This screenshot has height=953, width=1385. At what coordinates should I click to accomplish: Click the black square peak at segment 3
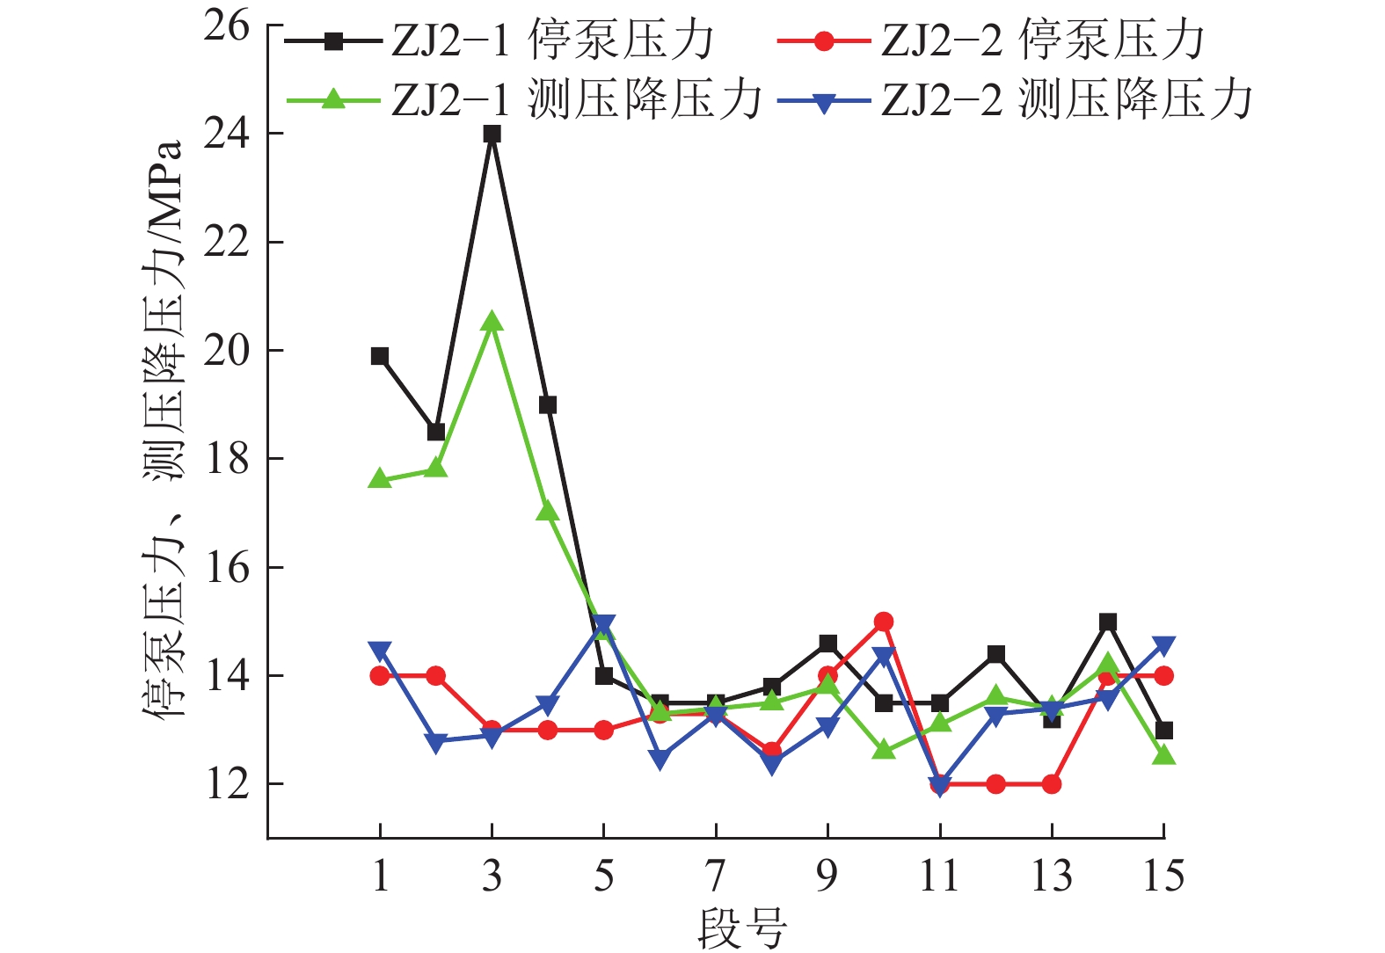pos(492,135)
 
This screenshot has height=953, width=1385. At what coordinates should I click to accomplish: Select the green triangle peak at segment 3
pos(492,323)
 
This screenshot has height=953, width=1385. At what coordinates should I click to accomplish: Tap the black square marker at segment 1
pos(380,356)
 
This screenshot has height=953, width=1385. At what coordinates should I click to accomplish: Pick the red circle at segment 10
pos(884,622)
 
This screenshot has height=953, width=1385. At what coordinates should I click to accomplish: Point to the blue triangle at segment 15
pos(1163,646)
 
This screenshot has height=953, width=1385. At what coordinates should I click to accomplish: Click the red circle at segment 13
pos(1052,784)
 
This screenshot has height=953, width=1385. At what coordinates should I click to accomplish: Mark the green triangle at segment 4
pos(548,511)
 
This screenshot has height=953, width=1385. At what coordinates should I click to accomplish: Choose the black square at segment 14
pos(1108,622)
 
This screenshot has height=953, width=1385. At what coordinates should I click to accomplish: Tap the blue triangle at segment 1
pos(380,651)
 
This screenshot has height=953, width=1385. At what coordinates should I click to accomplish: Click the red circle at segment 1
pos(380,676)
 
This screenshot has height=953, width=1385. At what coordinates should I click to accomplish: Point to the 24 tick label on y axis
pos(226,135)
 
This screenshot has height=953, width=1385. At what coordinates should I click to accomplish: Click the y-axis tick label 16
pos(226,568)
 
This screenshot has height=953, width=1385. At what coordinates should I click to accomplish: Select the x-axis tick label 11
pos(939,877)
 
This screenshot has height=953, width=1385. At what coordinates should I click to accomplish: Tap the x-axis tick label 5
pos(603,877)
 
